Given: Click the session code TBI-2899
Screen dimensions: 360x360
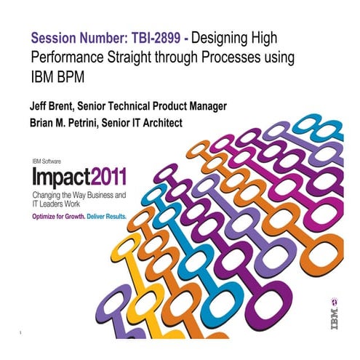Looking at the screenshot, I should click(169, 36).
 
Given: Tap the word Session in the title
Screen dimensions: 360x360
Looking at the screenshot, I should click(53, 36).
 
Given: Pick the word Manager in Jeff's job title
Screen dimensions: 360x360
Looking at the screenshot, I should click(205, 106).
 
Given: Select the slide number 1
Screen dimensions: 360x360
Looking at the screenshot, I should click(24, 332).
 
